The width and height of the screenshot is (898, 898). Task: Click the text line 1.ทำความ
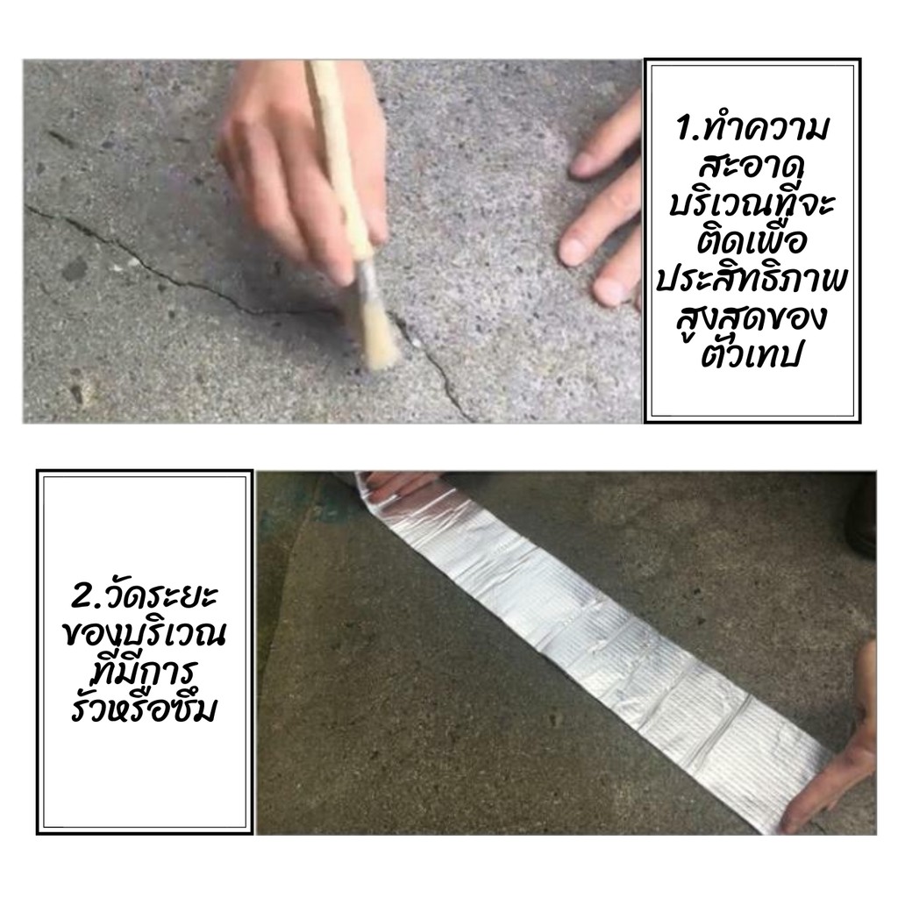click(752, 129)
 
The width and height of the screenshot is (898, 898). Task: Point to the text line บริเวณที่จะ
click(752, 203)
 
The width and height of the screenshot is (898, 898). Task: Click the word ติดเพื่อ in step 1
click(752, 241)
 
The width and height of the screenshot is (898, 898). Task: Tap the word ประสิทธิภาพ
click(752, 281)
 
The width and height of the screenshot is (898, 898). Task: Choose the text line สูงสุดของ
click(752, 318)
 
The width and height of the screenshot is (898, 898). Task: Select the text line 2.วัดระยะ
click(145, 595)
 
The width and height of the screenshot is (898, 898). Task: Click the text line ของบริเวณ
click(145, 633)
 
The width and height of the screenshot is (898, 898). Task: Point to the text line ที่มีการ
click(145, 671)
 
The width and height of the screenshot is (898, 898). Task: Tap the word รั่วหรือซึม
click(145, 709)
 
